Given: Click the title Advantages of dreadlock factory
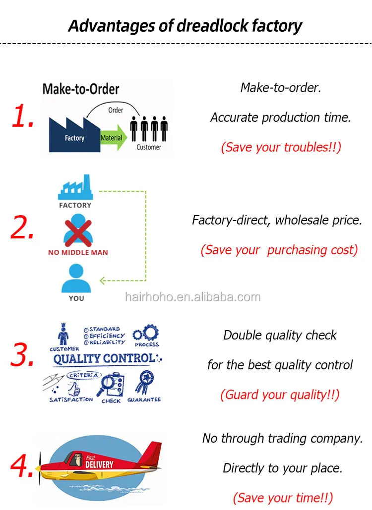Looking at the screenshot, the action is pyautogui.click(x=185, y=25).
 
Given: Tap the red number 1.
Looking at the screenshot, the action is pyautogui.click(x=22, y=117).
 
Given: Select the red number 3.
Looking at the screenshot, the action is pyautogui.click(x=22, y=355).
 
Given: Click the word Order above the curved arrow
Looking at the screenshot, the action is pyautogui.click(x=116, y=110).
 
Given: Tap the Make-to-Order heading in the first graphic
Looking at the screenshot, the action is pyautogui.click(x=81, y=89).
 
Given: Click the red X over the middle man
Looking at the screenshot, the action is pyautogui.click(x=78, y=231).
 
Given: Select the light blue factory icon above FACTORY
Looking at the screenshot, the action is pyautogui.click(x=75, y=188).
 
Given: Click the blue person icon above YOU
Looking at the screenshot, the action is pyautogui.click(x=76, y=278).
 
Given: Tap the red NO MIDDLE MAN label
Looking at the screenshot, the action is pyautogui.click(x=78, y=252).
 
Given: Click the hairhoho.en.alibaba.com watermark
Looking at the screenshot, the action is pyautogui.click(x=192, y=297).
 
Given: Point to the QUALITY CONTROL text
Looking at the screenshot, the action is pyautogui.click(x=104, y=358).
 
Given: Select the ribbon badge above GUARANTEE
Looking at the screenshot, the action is pyautogui.click(x=144, y=382).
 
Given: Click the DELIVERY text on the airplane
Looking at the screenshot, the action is pyautogui.click(x=99, y=464).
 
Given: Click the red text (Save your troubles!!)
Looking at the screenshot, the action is pyautogui.click(x=281, y=147).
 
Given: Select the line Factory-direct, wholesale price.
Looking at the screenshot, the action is pyautogui.click(x=277, y=220).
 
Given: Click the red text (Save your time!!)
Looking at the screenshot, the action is pyautogui.click(x=283, y=497).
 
